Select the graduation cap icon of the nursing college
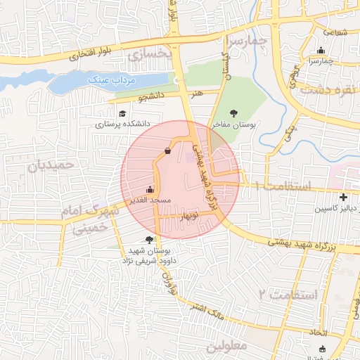click(122, 114)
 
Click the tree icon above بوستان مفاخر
click(234, 112)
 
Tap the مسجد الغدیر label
click(150, 200)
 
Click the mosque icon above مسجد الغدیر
click(149, 189)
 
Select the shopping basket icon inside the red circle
click(167, 150)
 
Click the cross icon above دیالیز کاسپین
click(342, 198)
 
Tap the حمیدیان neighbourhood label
click(50, 166)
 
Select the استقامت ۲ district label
click(288, 293)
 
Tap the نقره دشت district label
click(329, 89)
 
